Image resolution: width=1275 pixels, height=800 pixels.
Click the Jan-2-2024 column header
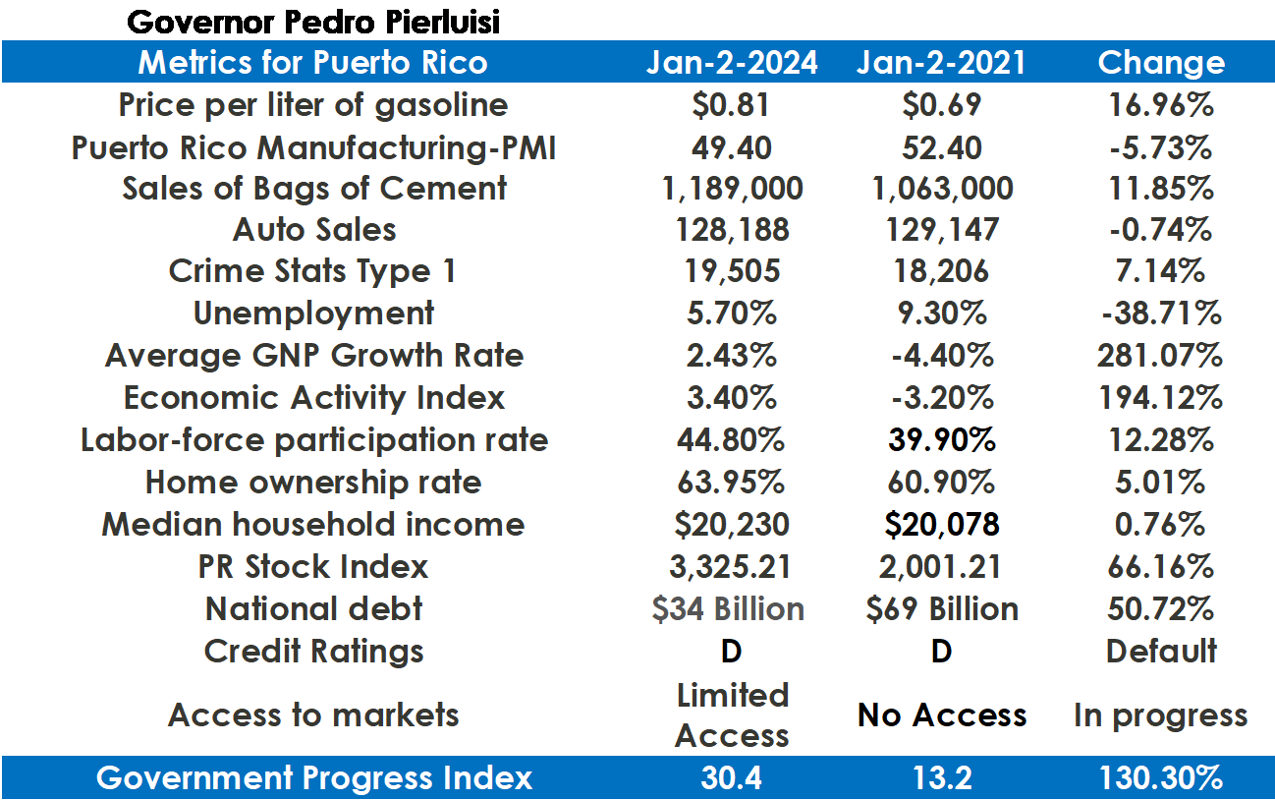pyautogui.click(x=731, y=63)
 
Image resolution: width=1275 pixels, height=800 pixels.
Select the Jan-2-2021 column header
pyautogui.click(x=941, y=63)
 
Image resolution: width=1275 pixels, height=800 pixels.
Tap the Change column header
pyautogui.click(x=1161, y=63)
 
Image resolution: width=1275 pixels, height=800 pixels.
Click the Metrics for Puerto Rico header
pyautogui.click(x=312, y=63)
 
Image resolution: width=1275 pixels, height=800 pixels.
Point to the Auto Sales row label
pyautogui.click(x=314, y=230)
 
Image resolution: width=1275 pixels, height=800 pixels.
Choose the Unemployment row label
pyautogui.click(x=313, y=314)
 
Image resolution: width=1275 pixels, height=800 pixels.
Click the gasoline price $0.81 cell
pyautogui.click(x=731, y=105)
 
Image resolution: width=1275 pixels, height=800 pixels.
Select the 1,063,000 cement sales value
pyautogui.click(x=941, y=188)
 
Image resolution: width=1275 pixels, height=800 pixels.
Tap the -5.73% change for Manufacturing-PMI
pyautogui.click(x=1161, y=147)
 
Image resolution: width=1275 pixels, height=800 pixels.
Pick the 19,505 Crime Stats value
pyautogui.click(x=731, y=271)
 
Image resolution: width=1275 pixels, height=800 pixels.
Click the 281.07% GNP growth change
pyautogui.click(x=1161, y=356)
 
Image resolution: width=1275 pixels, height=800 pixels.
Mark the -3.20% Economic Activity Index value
pyautogui.click(x=941, y=398)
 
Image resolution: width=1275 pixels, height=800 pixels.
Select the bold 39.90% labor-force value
pyautogui.click(x=941, y=439)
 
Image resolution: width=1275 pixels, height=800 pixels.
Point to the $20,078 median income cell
pyautogui.click(x=941, y=524)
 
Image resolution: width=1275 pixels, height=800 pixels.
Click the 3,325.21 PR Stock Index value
pyautogui.click(x=731, y=566)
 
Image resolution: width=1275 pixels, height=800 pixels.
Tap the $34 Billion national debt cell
pyautogui.click(x=729, y=608)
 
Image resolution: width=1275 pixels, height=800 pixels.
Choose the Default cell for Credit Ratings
pyautogui.click(x=1161, y=651)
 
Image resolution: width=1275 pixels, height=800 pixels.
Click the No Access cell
pyautogui.click(x=941, y=714)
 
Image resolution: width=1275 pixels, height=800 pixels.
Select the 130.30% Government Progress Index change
pyautogui.click(x=1161, y=778)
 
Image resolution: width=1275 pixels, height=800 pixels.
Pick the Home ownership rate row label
pyautogui.click(x=313, y=483)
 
